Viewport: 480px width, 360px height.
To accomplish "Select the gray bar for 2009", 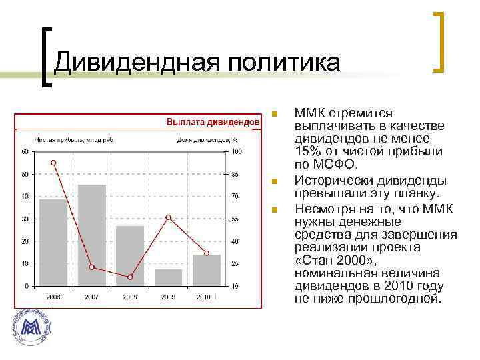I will [x=168, y=277].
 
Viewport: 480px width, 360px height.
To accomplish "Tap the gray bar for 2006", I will [x=53, y=242].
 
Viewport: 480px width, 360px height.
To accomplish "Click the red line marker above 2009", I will [x=168, y=217].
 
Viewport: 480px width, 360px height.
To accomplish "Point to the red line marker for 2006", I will [x=54, y=163].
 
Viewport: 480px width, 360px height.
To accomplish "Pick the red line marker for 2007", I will [x=92, y=267].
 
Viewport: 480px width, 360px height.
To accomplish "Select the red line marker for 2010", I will [x=207, y=253].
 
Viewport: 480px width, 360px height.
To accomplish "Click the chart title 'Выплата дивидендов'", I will [x=212, y=123].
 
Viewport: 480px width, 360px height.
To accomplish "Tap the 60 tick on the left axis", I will [x=25, y=152].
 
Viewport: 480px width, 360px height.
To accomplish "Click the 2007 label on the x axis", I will [x=91, y=296].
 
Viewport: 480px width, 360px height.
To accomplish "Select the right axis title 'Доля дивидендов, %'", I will [x=207, y=140].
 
